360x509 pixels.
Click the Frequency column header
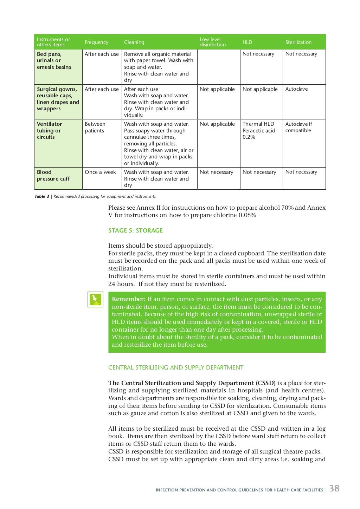click(96, 42)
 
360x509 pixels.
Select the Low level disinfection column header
click(212, 42)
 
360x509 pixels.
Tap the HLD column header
click(247, 42)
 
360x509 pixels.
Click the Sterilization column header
click(298, 42)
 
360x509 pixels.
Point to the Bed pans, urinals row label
click(54, 60)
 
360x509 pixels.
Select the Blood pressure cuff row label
click(53, 175)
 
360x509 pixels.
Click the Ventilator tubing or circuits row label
click(49, 130)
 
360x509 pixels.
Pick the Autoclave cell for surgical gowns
click(296, 89)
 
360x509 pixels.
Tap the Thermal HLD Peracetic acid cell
click(259, 130)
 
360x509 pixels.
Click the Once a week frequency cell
click(100, 172)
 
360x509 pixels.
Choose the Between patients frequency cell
click(95, 127)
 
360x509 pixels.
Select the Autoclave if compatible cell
click(298, 127)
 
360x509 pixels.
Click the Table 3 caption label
click(42, 196)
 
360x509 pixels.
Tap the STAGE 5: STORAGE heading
click(135, 230)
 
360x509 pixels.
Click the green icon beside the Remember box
click(95, 299)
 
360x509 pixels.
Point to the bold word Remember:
click(128, 299)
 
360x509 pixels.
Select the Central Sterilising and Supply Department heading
click(176, 367)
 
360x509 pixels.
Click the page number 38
click(334, 488)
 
